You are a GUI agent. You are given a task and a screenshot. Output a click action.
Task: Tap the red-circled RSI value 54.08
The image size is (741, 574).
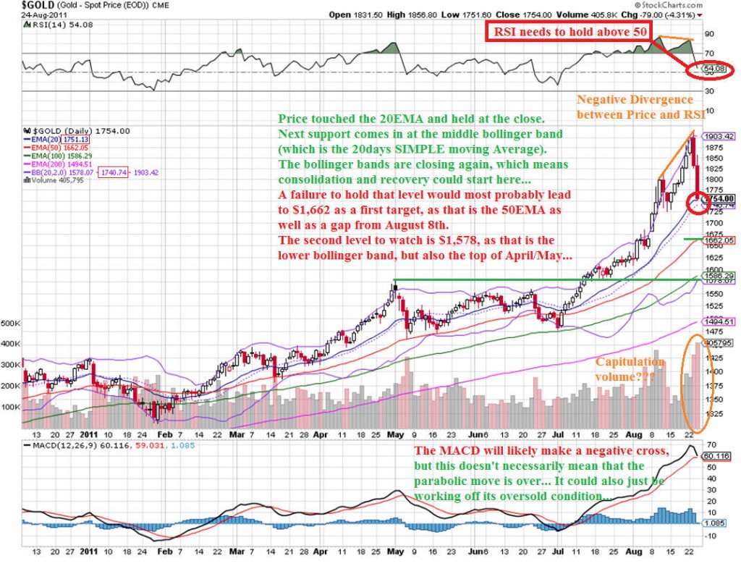click(710, 70)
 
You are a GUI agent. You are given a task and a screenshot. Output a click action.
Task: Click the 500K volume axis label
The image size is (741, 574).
click(10, 324)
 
